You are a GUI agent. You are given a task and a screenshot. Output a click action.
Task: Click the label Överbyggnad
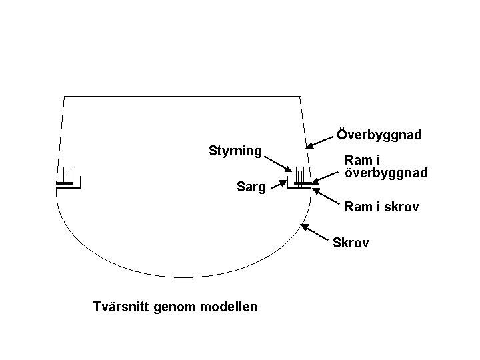379,135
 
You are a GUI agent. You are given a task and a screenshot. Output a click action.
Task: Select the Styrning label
235,151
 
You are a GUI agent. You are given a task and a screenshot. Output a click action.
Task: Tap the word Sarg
251,187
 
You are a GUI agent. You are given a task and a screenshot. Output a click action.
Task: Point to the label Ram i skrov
381,207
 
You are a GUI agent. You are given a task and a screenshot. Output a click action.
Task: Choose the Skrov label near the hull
351,243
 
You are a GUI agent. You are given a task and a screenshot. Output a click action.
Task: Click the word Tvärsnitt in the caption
122,307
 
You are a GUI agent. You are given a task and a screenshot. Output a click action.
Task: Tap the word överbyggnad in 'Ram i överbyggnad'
386,173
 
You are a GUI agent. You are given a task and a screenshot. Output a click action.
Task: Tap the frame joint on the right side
300,185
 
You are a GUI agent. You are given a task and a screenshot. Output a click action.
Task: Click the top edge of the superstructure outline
181,97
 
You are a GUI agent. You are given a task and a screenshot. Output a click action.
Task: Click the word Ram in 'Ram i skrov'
357,207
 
